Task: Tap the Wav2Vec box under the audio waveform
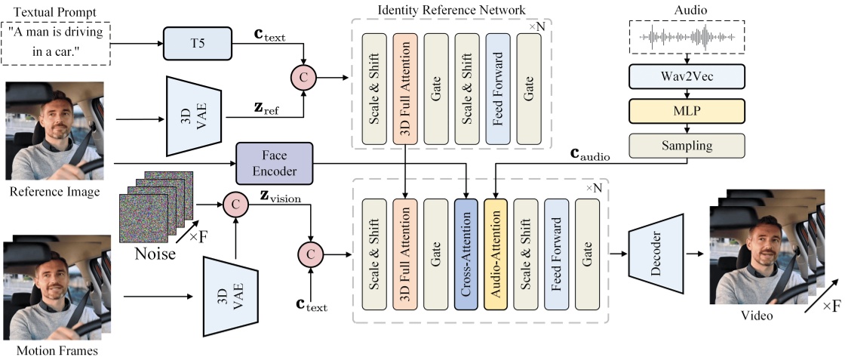(687, 76)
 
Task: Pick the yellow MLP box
(687, 110)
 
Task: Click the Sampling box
(687, 144)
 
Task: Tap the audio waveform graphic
(687, 36)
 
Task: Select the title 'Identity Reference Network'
(450, 9)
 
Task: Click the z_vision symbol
(280, 197)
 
